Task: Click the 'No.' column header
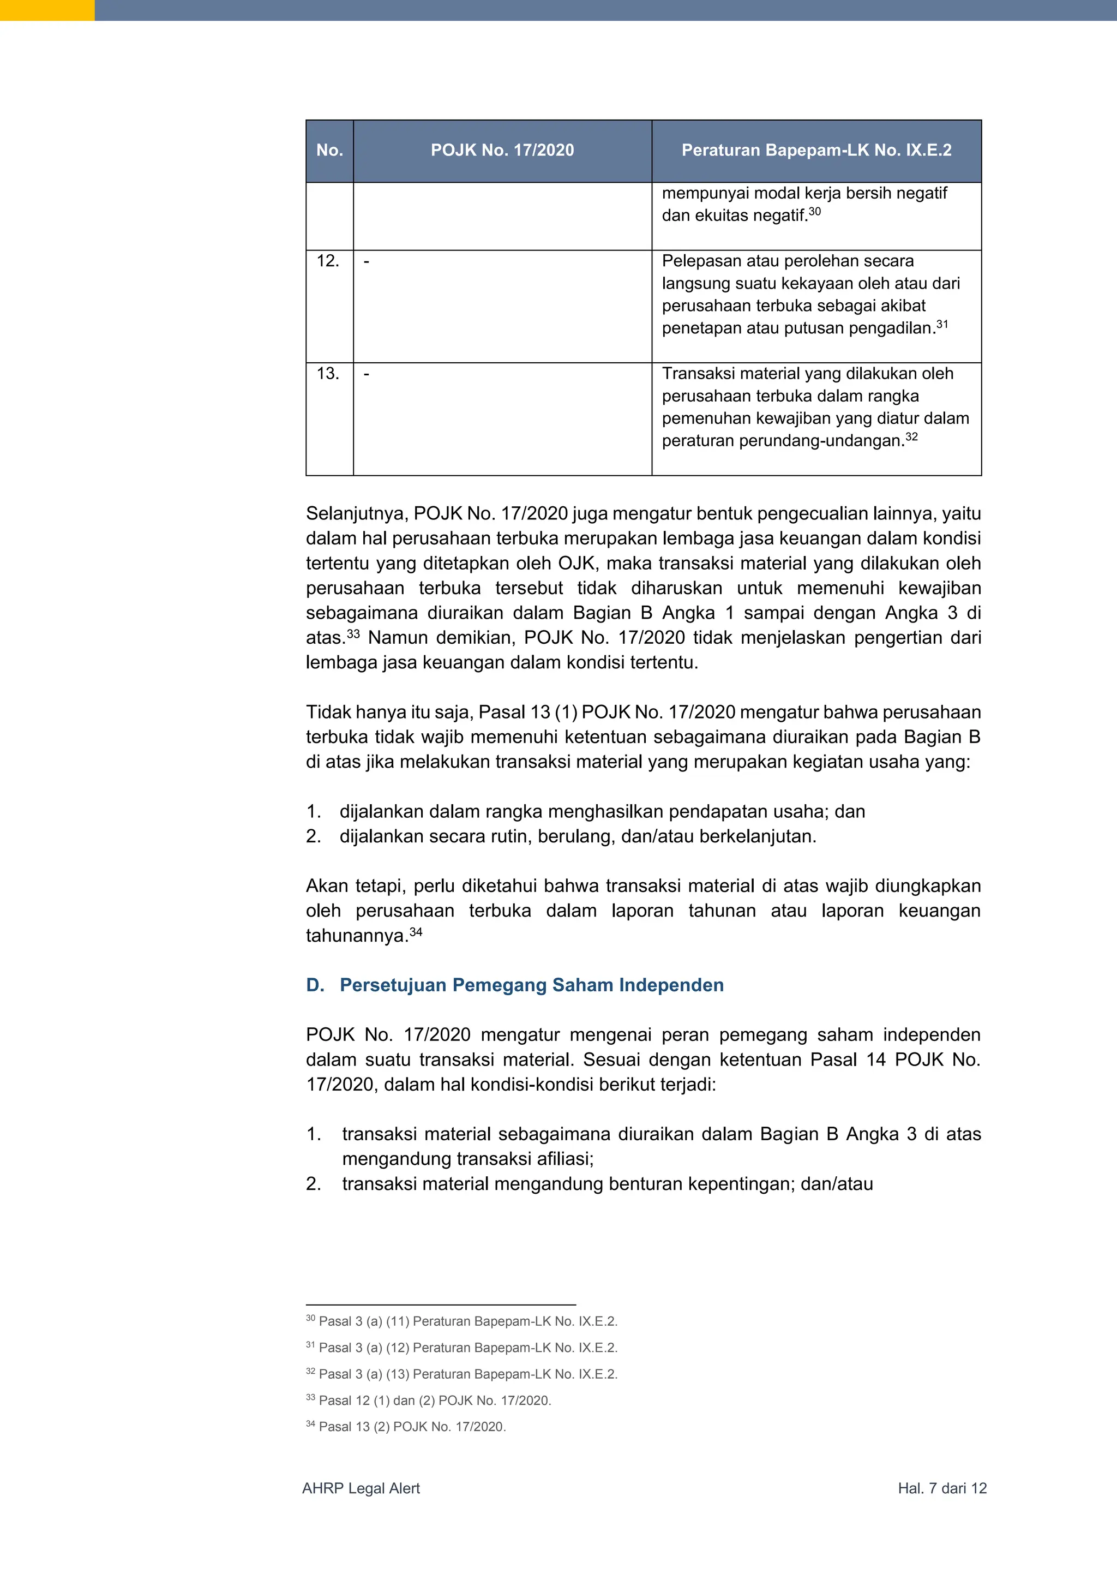(x=329, y=151)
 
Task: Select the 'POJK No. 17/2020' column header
(x=502, y=151)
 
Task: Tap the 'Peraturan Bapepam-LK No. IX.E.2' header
(x=816, y=151)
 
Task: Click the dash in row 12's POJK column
(x=367, y=261)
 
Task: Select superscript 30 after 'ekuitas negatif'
(x=814, y=211)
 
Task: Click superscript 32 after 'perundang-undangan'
(x=911, y=436)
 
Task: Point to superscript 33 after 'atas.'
(x=353, y=633)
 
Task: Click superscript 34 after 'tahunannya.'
(x=416, y=931)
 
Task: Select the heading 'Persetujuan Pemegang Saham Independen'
(x=531, y=985)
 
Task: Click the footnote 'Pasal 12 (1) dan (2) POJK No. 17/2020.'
(x=435, y=1401)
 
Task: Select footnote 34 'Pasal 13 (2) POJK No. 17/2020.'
(x=411, y=1427)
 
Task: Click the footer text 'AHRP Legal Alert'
(x=361, y=1488)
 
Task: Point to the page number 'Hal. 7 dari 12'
(x=941, y=1488)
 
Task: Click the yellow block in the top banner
(x=47, y=10)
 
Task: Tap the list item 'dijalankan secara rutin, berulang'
(x=578, y=836)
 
